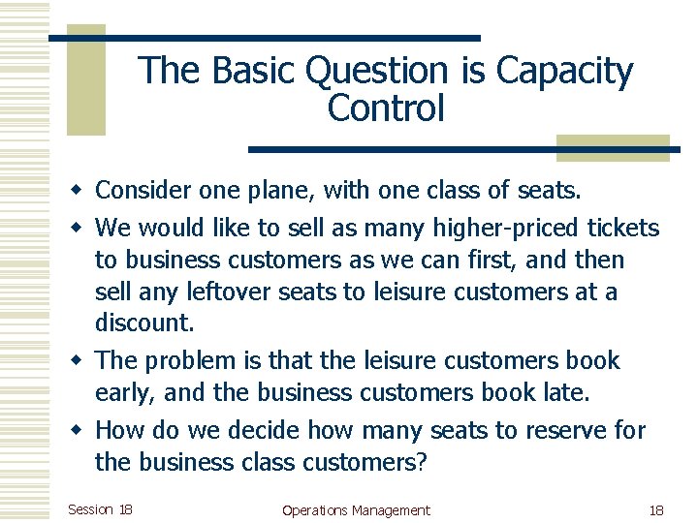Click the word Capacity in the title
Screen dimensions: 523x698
coord(564,72)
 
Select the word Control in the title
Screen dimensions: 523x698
coord(386,108)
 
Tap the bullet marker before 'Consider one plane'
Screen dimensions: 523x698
coord(80,191)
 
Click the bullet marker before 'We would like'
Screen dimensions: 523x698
coord(80,229)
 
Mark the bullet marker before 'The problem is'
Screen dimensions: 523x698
coord(80,361)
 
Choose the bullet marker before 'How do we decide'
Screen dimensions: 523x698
coord(80,430)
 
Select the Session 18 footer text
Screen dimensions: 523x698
coord(101,509)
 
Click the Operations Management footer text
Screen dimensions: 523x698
coord(356,510)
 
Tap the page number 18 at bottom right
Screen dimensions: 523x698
coord(655,510)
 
